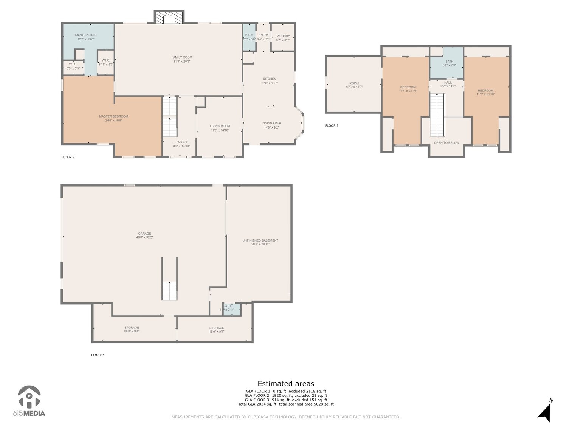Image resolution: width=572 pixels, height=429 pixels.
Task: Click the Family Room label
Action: [x=182, y=57]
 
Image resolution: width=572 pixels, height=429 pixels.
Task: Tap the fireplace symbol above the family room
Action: [x=169, y=18]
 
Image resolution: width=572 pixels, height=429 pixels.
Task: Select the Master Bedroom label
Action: [x=113, y=116]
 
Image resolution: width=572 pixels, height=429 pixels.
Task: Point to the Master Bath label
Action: [x=86, y=35]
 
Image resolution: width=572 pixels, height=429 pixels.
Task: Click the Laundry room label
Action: [x=283, y=36]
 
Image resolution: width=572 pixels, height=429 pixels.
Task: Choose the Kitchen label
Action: [x=270, y=79]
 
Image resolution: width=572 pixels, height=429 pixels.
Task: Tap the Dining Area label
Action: [x=271, y=123]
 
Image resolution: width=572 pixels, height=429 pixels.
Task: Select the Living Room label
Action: [x=220, y=126]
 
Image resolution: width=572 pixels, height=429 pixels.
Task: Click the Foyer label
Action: [x=181, y=142]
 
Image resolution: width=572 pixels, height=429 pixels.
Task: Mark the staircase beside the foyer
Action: [x=170, y=116]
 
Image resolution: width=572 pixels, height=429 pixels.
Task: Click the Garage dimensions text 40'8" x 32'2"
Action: [x=144, y=237]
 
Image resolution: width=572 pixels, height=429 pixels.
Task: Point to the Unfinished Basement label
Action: [x=260, y=240]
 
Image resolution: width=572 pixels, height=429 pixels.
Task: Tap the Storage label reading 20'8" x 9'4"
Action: [x=132, y=331]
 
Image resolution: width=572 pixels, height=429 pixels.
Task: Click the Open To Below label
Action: [x=446, y=143]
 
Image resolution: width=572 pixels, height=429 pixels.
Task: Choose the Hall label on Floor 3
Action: [x=448, y=82]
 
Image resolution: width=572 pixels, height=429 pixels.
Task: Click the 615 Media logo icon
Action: [x=29, y=397]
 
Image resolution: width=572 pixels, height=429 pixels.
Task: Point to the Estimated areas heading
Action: [x=286, y=384]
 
